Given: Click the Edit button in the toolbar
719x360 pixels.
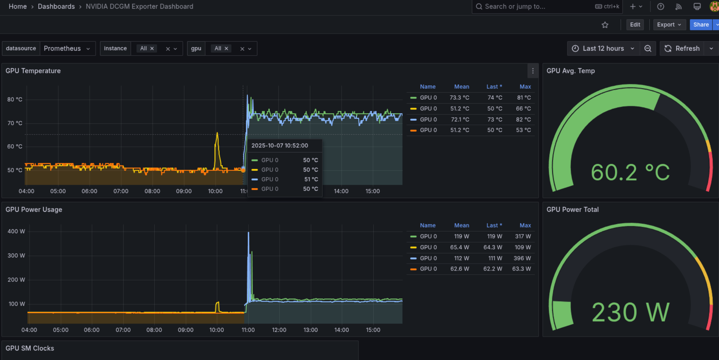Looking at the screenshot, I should (635, 24).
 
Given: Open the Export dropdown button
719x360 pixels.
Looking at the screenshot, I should (669, 24).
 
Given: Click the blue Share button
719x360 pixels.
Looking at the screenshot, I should (701, 24).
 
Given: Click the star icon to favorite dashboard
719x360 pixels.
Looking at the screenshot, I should (605, 25).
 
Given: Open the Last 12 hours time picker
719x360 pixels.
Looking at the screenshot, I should (603, 49).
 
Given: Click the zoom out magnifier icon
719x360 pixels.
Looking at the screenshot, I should (648, 49).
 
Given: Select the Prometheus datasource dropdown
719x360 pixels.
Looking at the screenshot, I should (66, 49).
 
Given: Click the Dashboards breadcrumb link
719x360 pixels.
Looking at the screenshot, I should (56, 7).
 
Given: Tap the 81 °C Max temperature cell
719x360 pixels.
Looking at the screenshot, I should (524, 97).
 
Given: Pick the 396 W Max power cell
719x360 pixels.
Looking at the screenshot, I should (522, 258).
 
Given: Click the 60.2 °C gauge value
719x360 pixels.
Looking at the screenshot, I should (630, 172).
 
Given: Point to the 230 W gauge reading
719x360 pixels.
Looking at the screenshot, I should (630, 312).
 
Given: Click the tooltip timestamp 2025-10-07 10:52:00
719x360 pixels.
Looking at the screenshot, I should (280, 145).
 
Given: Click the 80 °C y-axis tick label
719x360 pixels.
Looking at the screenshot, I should (15, 99).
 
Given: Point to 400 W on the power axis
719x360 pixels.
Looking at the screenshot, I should (16, 231).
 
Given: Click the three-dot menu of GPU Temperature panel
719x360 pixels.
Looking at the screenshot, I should (532, 71).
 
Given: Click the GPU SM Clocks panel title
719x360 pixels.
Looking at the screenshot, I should (30, 348).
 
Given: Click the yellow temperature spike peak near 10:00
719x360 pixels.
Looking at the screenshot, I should (217, 134).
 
